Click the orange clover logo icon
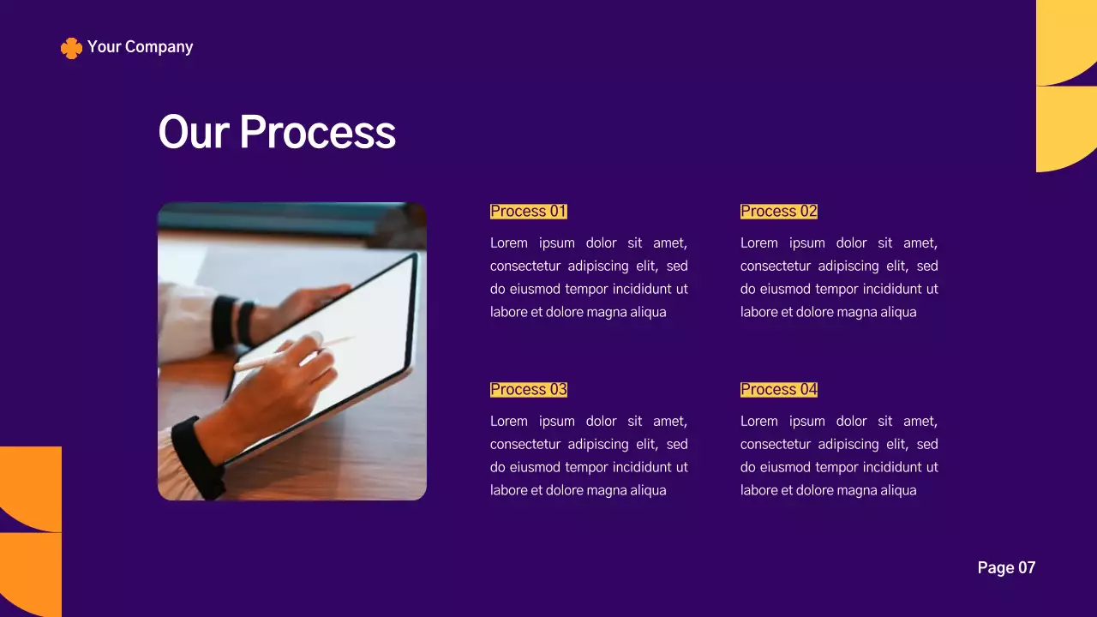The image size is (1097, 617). [71, 48]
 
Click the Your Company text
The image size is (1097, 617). [140, 47]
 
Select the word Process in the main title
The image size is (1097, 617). [317, 132]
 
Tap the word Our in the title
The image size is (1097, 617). [194, 132]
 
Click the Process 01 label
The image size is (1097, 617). [528, 212]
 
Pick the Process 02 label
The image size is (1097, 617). [778, 212]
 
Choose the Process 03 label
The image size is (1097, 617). [528, 390]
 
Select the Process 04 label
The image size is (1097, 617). [778, 390]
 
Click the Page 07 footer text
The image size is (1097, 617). [1006, 567]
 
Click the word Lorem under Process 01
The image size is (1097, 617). [508, 243]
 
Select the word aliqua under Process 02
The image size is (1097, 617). [894, 313]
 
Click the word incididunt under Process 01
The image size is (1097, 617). [642, 290]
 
